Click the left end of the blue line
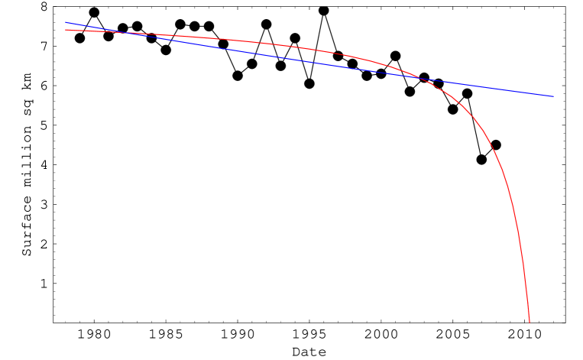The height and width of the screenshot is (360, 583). (x=66, y=22)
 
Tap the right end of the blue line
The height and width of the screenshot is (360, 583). (x=554, y=97)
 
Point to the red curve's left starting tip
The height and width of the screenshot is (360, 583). (x=66, y=30)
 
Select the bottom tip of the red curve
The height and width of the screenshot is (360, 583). (x=529, y=322)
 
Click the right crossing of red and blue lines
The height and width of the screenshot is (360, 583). (x=421, y=77)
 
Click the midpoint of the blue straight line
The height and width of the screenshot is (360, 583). (x=309, y=60)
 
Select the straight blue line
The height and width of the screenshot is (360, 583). (x=229, y=47)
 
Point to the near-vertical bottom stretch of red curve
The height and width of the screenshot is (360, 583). (x=524, y=268)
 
